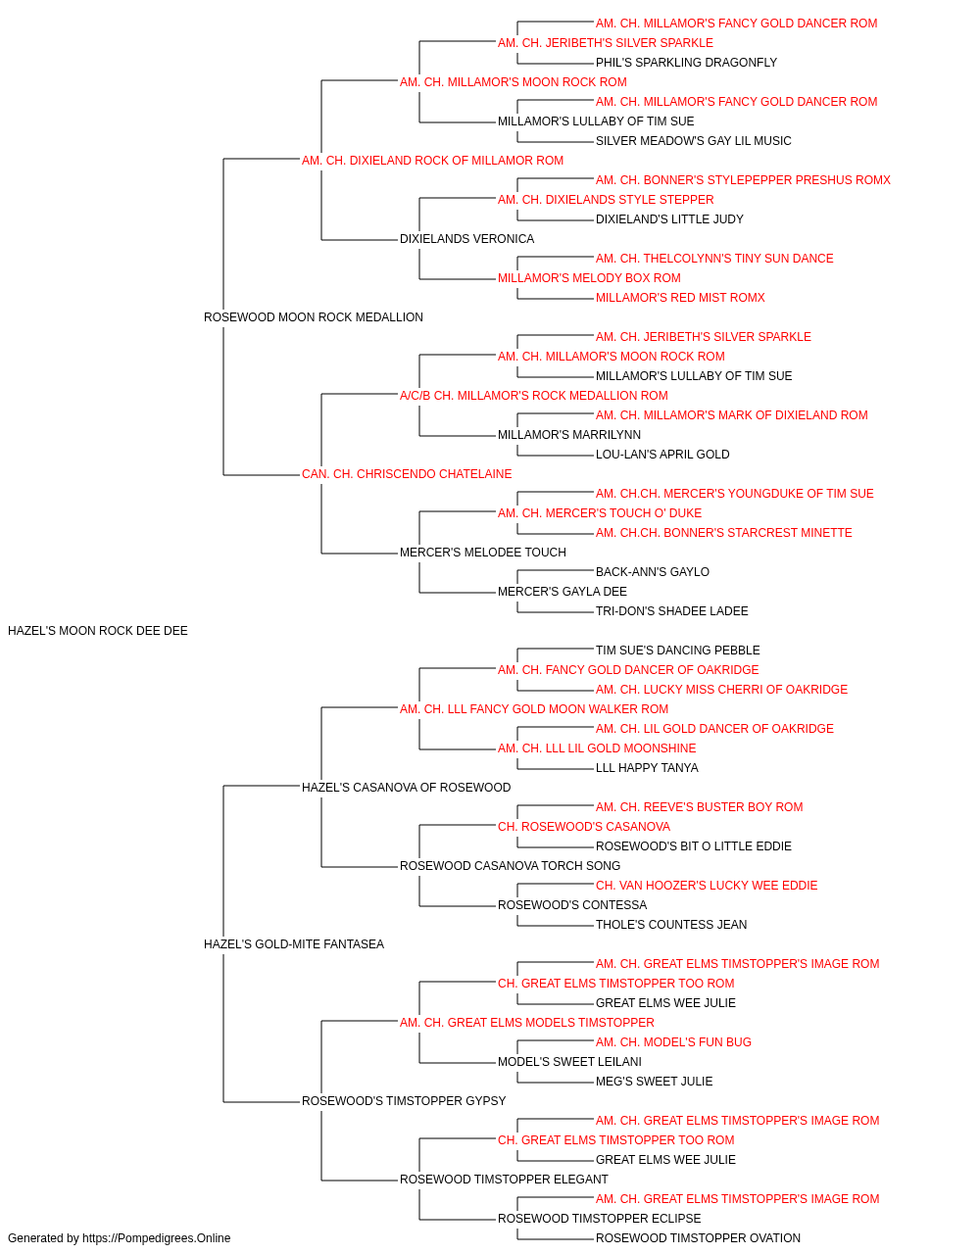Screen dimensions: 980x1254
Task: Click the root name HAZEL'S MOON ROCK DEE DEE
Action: tap(98, 631)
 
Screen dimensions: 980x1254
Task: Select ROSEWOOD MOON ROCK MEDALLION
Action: tap(314, 317)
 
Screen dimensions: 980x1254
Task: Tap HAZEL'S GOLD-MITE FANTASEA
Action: tap(294, 944)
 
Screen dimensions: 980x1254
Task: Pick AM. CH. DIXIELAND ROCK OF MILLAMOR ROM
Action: tap(432, 161)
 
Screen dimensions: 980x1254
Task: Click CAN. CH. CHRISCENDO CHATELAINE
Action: tap(407, 474)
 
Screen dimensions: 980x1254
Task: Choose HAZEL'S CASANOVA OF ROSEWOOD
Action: tap(407, 788)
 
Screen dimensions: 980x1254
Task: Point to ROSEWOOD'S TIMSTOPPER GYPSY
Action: tap(404, 1101)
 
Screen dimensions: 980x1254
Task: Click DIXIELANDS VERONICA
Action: tap(466, 239)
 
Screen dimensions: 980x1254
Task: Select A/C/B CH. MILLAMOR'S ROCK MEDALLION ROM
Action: tap(534, 396)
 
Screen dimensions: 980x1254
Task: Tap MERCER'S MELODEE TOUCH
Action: tap(483, 553)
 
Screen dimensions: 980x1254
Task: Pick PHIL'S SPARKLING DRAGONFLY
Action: tap(686, 63)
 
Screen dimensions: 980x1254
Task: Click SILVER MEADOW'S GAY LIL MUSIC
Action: tap(693, 141)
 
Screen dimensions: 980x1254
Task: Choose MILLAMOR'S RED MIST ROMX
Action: tap(680, 298)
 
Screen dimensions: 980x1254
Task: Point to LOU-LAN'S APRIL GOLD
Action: tap(662, 455)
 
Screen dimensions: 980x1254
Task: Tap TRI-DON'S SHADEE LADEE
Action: tap(672, 611)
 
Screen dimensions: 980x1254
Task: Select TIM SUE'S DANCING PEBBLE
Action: tap(677, 651)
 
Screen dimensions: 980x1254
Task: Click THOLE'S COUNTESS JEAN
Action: tap(671, 925)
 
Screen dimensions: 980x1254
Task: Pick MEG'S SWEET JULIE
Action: tap(654, 1082)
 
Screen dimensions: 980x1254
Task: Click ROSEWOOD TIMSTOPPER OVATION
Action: tap(698, 1238)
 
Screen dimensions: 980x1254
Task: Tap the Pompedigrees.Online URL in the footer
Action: tap(157, 1238)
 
